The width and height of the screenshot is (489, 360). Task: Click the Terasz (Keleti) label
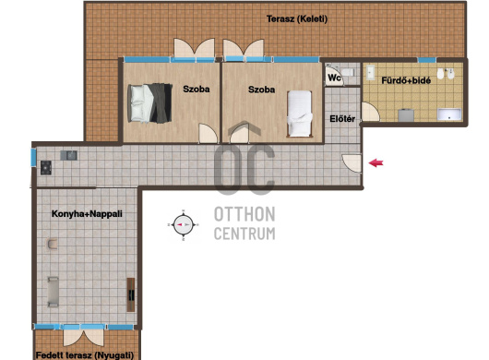click(297, 19)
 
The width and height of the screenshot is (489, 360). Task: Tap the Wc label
click(334, 78)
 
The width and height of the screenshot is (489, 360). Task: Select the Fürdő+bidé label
click(406, 80)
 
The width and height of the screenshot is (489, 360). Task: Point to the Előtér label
click(342, 119)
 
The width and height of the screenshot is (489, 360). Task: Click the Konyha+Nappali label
click(87, 213)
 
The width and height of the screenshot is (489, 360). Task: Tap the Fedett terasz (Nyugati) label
click(85, 355)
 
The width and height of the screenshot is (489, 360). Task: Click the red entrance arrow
click(376, 162)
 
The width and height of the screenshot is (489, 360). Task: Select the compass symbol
click(183, 225)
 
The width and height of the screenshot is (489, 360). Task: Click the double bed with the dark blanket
click(149, 103)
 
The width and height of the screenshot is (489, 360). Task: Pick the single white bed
click(300, 114)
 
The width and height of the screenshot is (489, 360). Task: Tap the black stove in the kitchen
click(46, 167)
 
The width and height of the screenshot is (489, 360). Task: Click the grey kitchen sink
click(68, 155)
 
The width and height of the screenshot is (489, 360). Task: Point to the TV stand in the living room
click(131, 294)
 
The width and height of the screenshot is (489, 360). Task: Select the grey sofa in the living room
click(53, 292)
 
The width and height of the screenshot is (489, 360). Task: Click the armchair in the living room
click(52, 244)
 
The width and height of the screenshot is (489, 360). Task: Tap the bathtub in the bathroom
click(449, 114)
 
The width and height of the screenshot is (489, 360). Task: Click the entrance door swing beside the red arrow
click(352, 163)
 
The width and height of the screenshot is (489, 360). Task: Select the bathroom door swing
click(371, 112)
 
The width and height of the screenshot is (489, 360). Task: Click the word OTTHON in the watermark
click(244, 214)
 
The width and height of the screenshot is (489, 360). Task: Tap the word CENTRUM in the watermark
click(244, 234)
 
